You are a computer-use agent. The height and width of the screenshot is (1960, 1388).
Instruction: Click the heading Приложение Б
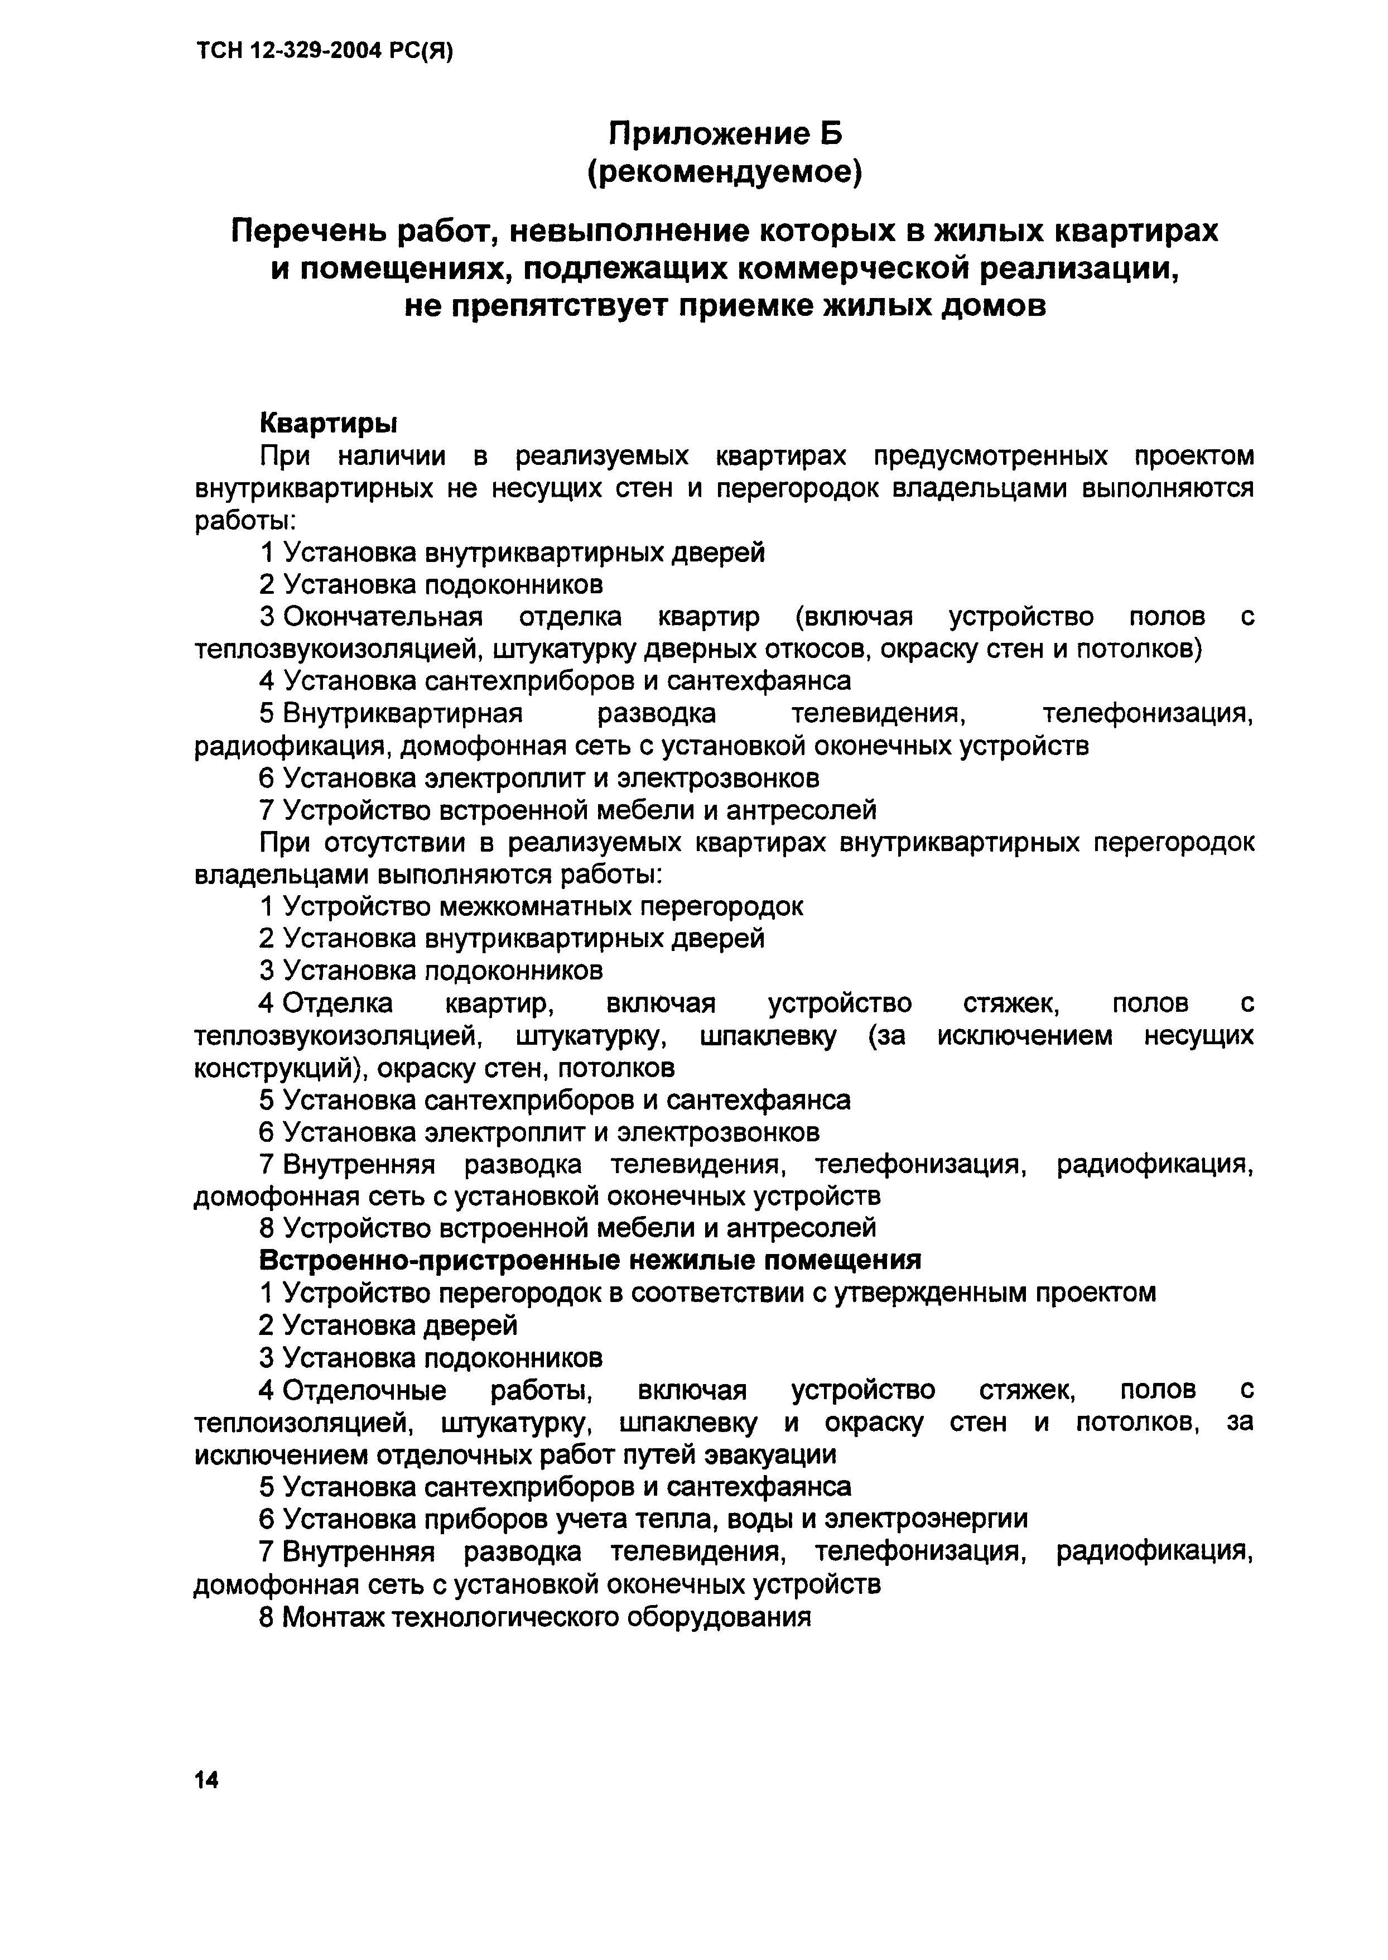(x=725, y=133)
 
